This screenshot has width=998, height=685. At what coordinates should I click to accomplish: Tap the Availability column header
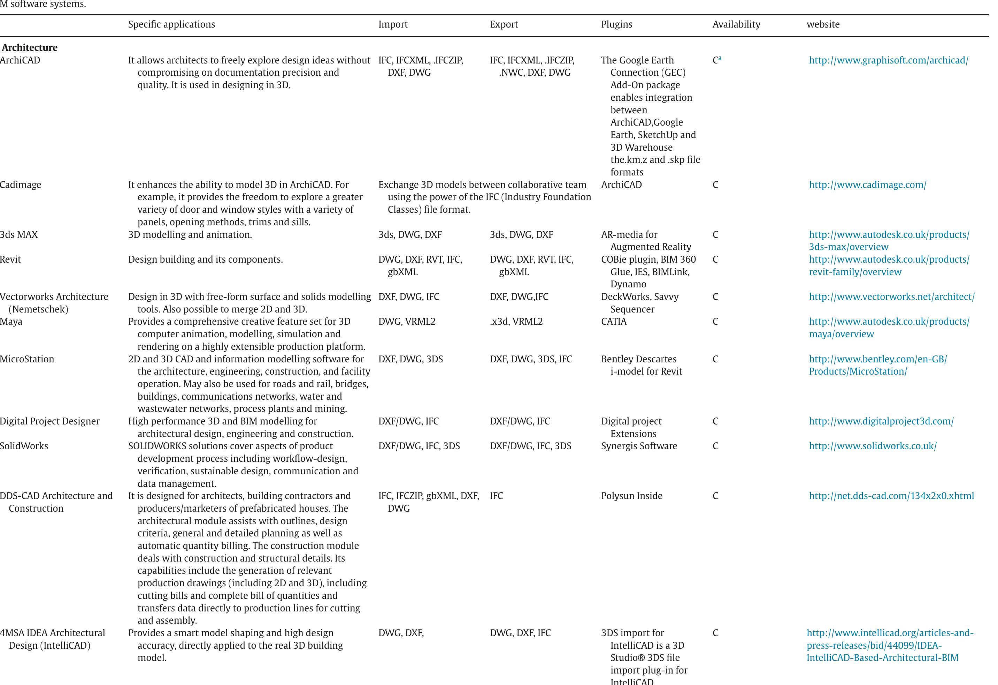(x=736, y=24)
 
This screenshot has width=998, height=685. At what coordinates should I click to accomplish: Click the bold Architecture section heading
(x=30, y=48)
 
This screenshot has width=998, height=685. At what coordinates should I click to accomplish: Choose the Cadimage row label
(x=21, y=185)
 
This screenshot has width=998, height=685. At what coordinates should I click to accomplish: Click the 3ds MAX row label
(x=19, y=235)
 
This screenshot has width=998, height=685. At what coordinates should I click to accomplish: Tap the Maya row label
(x=11, y=322)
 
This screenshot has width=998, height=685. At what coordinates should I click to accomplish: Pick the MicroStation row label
(x=27, y=359)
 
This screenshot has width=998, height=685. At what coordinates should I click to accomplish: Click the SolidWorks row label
(x=24, y=446)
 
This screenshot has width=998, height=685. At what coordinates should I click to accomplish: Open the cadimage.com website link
(x=867, y=185)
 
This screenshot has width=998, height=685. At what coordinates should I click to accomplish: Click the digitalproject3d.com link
(x=881, y=421)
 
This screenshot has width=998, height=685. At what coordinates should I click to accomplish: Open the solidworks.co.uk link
(x=873, y=446)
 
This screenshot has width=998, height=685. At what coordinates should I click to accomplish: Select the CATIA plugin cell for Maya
(x=614, y=322)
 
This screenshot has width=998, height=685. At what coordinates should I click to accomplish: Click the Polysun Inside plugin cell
(x=631, y=496)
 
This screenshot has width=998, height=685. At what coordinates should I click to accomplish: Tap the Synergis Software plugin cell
(x=639, y=446)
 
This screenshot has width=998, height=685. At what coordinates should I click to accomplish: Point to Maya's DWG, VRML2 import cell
(x=407, y=322)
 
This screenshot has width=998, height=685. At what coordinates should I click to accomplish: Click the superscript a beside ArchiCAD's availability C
(x=720, y=58)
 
